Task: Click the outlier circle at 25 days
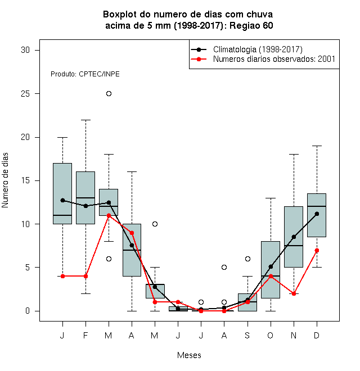point(109,94)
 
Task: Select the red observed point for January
point(62,276)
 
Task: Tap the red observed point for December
point(317,250)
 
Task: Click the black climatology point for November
point(294,237)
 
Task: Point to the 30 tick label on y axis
point(25,50)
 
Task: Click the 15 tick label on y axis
point(25,180)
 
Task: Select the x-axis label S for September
point(247,335)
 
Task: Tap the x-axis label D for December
point(317,335)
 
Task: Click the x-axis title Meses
point(189,355)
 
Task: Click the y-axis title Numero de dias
point(5,180)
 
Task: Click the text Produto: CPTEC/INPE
point(85,74)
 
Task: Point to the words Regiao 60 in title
point(251,25)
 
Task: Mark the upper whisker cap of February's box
point(85,120)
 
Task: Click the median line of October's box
point(271,276)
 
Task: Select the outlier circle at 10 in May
point(155,224)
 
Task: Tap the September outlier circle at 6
point(247,259)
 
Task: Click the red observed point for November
point(294,293)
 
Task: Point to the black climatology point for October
point(271,266)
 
